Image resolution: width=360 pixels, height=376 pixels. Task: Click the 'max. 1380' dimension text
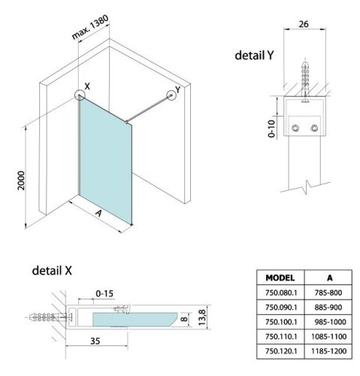(90, 27)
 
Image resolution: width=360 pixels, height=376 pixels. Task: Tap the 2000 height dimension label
(21, 180)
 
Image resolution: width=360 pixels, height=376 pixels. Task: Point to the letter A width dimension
(98, 213)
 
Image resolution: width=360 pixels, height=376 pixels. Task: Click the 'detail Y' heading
(254, 55)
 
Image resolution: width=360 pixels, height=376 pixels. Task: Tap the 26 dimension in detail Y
(304, 24)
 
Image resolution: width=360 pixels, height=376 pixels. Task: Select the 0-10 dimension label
(271, 129)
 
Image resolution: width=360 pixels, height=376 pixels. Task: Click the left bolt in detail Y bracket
(295, 128)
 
